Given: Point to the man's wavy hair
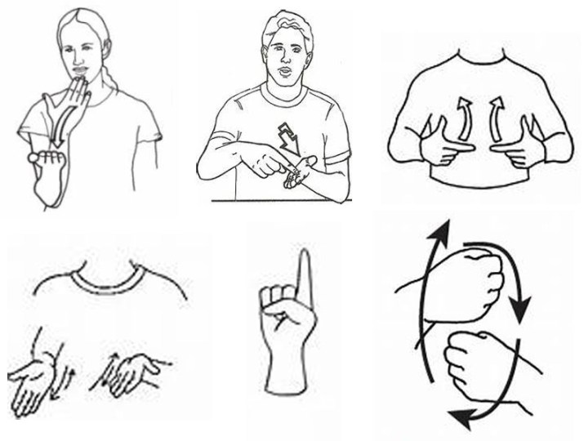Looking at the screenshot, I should click(x=285, y=24).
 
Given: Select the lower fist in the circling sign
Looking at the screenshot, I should click(x=473, y=364).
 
